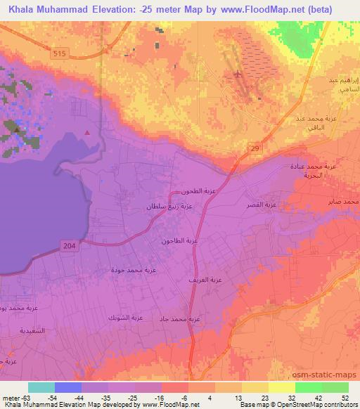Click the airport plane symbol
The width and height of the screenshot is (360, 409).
point(239,74)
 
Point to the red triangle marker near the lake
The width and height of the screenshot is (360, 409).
point(87,131)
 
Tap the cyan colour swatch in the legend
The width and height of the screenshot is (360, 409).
point(41,387)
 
